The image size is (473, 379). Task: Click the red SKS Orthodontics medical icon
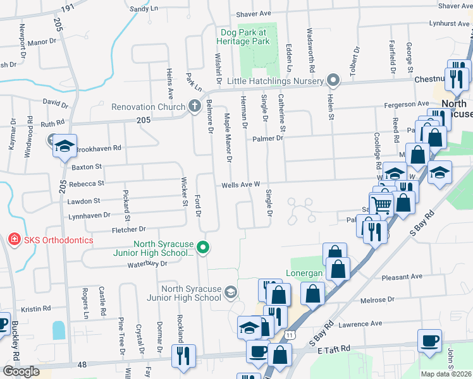13,239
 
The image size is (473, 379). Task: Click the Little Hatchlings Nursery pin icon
335,80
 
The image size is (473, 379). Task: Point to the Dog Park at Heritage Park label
245,37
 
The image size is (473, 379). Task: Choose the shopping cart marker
381,204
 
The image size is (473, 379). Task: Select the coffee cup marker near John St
429,340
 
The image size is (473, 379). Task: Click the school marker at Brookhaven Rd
64,147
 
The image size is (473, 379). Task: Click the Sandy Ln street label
143,9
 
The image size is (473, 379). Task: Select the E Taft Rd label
334,349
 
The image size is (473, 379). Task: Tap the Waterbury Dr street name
146,264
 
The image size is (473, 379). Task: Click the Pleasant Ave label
402,277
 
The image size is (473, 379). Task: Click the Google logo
21,371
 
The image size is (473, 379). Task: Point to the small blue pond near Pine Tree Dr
59,330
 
